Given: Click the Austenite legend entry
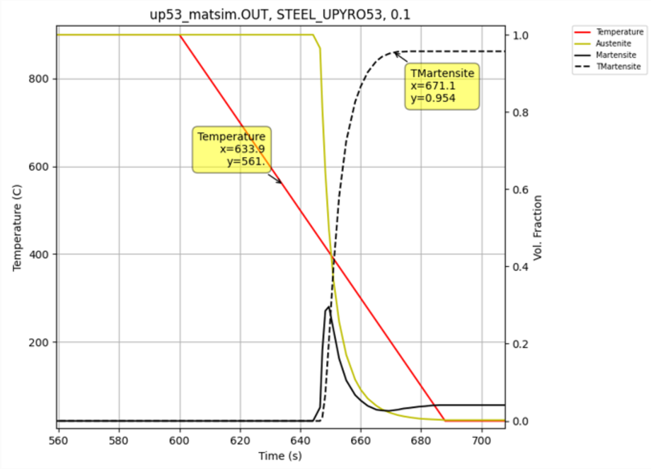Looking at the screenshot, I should click(616, 43).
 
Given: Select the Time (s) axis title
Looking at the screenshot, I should click(280, 456).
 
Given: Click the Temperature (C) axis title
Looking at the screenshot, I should click(17, 226).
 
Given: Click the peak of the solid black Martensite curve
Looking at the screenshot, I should click(329, 306).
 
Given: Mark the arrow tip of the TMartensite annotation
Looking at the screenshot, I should click(394, 53).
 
